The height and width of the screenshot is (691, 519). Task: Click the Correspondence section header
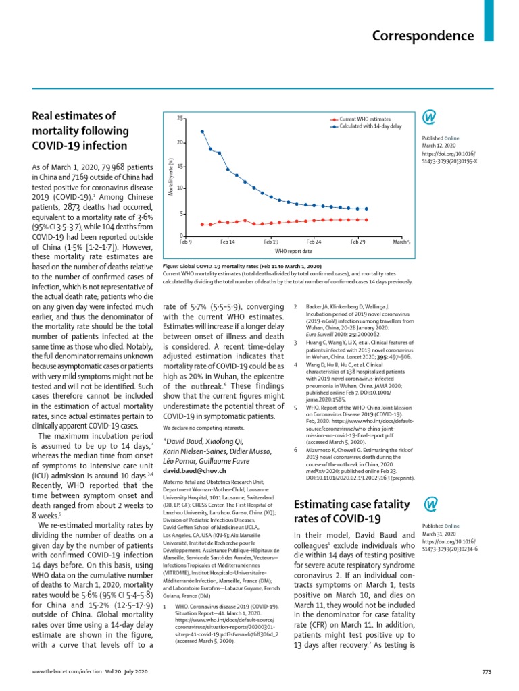coord(423,36)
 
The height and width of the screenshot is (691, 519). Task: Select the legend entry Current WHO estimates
coord(365,119)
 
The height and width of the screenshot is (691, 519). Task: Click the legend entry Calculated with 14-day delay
coord(370,126)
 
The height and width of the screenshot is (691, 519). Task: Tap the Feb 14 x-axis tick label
coord(228,242)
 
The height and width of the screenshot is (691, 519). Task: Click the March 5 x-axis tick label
coord(401,242)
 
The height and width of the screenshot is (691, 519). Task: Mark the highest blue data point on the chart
coord(202,132)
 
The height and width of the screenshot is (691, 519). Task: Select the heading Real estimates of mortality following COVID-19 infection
coord(79,131)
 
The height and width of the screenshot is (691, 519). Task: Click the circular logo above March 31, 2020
coord(429,505)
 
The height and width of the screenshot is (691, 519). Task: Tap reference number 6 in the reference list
coord(295,449)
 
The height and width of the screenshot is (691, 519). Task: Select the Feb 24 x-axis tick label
coord(314,242)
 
